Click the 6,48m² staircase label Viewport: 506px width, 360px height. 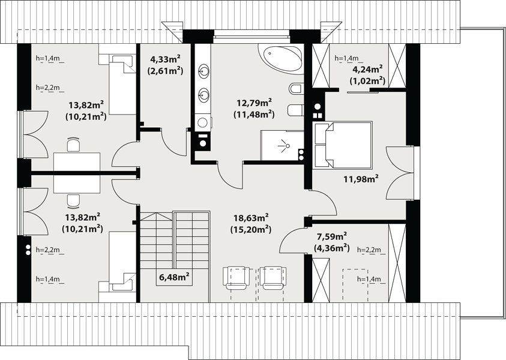coord(174,277)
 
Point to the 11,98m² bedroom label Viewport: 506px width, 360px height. coord(361,179)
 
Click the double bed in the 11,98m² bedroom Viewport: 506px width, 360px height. coord(343,145)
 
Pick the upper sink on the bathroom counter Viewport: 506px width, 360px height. coord(203,70)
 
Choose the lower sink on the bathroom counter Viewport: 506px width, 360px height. coord(203,95)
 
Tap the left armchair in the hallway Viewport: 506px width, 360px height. coord(236,278)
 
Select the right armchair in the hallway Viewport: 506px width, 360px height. coord(273,278)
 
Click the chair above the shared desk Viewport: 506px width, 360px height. coord(74,144)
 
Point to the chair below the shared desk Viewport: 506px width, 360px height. coord(74,201)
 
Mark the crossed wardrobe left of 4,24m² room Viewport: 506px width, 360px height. coord(321,66)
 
